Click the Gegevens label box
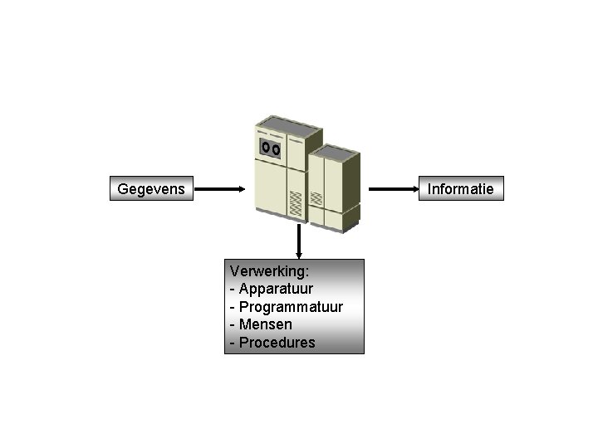click(x=153, y=189)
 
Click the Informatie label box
click(x=460, y=189)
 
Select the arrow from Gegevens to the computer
click(x=220, y=189)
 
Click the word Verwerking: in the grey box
click(x=269, y=270)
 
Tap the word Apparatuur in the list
click(x=276, y=289)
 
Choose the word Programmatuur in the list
click(x=291, y=307)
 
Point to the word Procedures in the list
click(x=277, y=343)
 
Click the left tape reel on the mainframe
click(x=265, y=148)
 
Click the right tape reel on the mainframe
click(x=276, y=149)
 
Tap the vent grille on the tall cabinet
click(x=295, y=204)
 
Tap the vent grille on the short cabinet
click(x=316, y=200)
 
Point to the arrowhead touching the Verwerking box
click(x=298, y=254)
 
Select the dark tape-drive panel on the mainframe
click(x=270, y=149)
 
